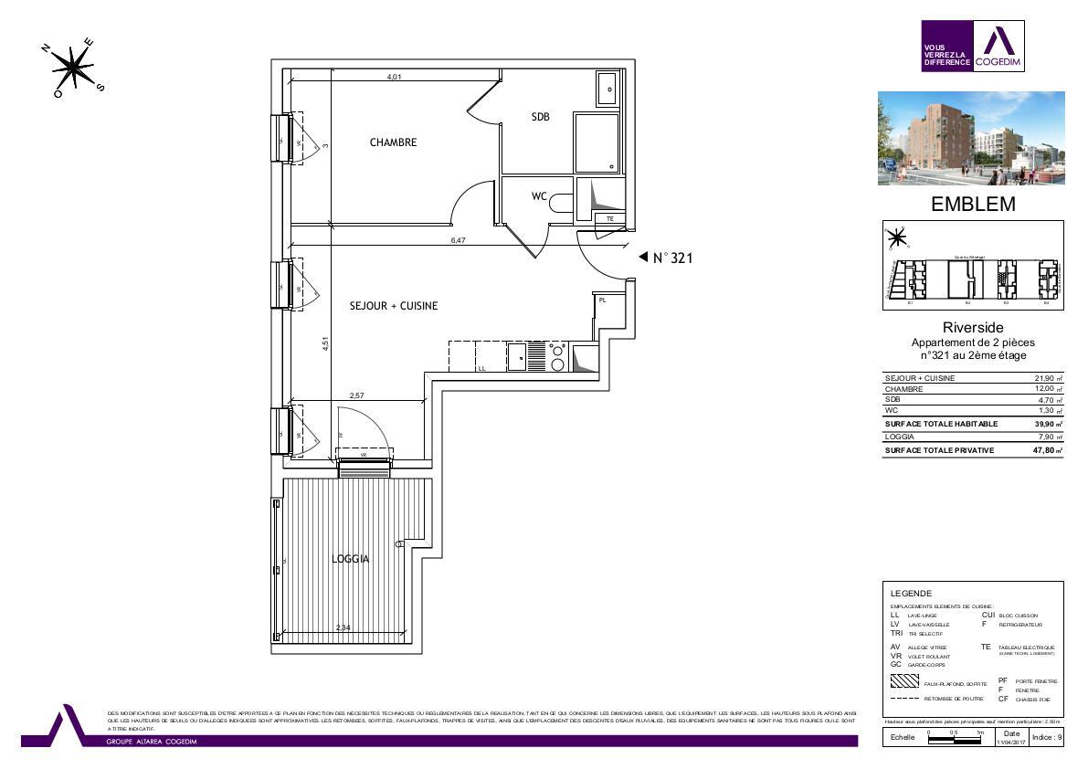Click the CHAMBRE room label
coord(393,142)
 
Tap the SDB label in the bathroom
coord(540,116)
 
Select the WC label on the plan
coord(539,195)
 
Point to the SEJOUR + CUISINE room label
coord(393,306)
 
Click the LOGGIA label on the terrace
coord(351,559)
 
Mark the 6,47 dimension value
coord(458,239)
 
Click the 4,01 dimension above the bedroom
coord(394,78)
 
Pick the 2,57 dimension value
coord(358,395)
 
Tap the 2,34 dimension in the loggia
coord(343,627)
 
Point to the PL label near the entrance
coord(603,300)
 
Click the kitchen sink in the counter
coord(516,356)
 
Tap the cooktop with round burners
coord(557,356)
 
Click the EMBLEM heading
coord(972,205)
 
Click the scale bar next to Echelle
coord(955,738)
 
